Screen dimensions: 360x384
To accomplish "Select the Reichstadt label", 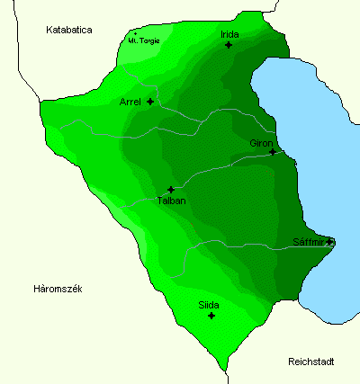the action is pos(311,362).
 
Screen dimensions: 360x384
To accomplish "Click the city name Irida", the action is pos(229,34).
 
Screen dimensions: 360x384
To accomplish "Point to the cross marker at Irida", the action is pos(229,45).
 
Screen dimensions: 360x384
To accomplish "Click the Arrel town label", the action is pos(130,102).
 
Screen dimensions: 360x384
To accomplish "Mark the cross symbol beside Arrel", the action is pos(150,102).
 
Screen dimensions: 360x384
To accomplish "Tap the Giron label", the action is pos(261,142).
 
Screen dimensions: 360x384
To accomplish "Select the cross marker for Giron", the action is pos(273,152).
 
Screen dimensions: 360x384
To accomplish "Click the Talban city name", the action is pos(171,201).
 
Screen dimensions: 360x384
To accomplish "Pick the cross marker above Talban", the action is pos(171,190).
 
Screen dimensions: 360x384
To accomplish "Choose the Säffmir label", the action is pos(310,242).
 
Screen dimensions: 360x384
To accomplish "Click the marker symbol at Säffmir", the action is pos(330,242).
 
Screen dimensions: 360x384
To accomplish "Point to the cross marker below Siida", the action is pos(211,316).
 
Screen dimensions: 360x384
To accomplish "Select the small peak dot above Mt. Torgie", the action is pos(136,34).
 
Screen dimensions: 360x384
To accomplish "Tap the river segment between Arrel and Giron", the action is pos(216,112).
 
